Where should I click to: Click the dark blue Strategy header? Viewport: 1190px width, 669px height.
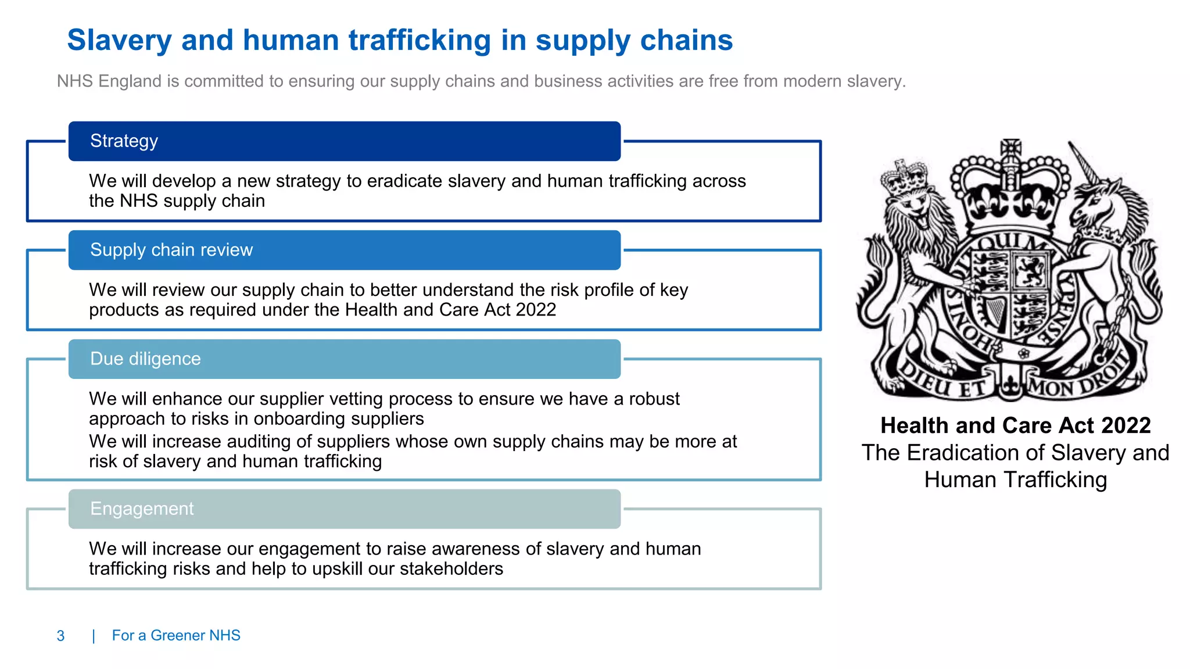click(344, 141)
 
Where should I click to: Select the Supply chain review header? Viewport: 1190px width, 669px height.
click(344, 250)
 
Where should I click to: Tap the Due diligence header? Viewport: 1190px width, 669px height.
click(344, 359)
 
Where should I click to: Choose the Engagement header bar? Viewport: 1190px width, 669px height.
click(344, 509)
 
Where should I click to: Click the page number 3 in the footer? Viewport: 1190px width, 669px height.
click(60, 636)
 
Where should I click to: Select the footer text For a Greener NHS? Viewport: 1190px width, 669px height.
click(176, 635)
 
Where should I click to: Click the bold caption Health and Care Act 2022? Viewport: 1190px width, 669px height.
click(1015, 425)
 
